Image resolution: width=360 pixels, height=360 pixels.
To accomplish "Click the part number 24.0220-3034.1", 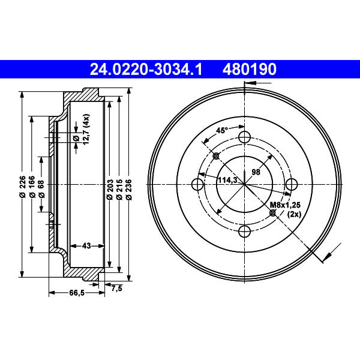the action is click(146, 69).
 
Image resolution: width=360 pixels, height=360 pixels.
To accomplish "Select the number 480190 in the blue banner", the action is click(250, 69).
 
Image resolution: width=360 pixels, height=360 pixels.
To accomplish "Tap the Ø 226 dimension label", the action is click(22, 187).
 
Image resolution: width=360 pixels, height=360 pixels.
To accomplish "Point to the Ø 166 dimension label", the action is click(32, 187).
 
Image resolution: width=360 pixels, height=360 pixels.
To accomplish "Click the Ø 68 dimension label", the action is click(41, 189).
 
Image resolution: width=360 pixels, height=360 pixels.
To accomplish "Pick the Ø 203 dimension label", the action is click(110, 190).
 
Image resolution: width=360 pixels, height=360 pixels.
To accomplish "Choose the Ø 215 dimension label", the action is click(119, 190).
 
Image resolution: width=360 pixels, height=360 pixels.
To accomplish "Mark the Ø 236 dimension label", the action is click(129, 190).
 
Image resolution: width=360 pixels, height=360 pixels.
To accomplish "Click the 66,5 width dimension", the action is click(77, 293).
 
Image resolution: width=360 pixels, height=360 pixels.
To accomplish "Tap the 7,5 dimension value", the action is click(117, 289).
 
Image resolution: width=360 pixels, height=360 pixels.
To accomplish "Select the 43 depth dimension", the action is click(86, 246).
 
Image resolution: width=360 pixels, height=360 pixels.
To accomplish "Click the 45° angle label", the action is click(222, 130).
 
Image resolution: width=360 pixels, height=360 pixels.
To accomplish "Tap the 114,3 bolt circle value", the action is click(227, 180).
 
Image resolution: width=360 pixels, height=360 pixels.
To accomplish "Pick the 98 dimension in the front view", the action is click(256, 172).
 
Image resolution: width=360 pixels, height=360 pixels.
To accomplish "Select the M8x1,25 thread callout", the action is click(285, 205).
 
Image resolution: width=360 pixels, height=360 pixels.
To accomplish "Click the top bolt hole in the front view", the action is click(245, 137).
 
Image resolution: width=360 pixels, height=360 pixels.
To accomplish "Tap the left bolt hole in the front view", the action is click(197, 184).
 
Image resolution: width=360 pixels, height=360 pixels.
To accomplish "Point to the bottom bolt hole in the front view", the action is click(245, 232).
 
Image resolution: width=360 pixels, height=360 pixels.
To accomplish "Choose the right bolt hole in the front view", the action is click(292, 184).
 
